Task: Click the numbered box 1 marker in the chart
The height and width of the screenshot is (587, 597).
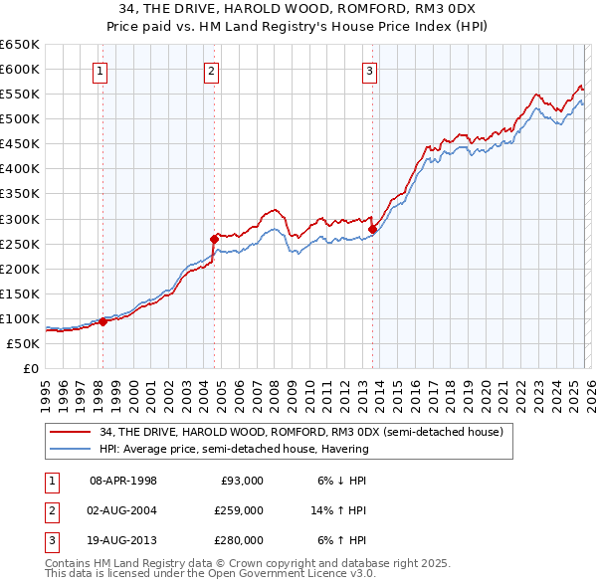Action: pos(101,71)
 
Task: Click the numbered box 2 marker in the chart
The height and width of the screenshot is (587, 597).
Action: pos(213,71)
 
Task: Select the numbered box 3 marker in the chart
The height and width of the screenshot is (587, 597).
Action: pos(369,71)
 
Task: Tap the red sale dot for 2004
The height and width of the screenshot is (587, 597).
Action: pos(214,238)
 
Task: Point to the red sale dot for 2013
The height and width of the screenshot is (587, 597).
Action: pos(372,228)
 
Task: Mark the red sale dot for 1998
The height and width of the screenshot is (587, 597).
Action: pos(102,321)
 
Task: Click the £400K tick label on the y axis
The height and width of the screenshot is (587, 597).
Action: pos(20,168)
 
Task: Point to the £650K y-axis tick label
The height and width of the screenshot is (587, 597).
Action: pos(20,44)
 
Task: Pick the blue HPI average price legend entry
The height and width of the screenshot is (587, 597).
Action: pos(234,449)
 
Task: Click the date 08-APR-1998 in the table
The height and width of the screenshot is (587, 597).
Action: pos(123,480)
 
